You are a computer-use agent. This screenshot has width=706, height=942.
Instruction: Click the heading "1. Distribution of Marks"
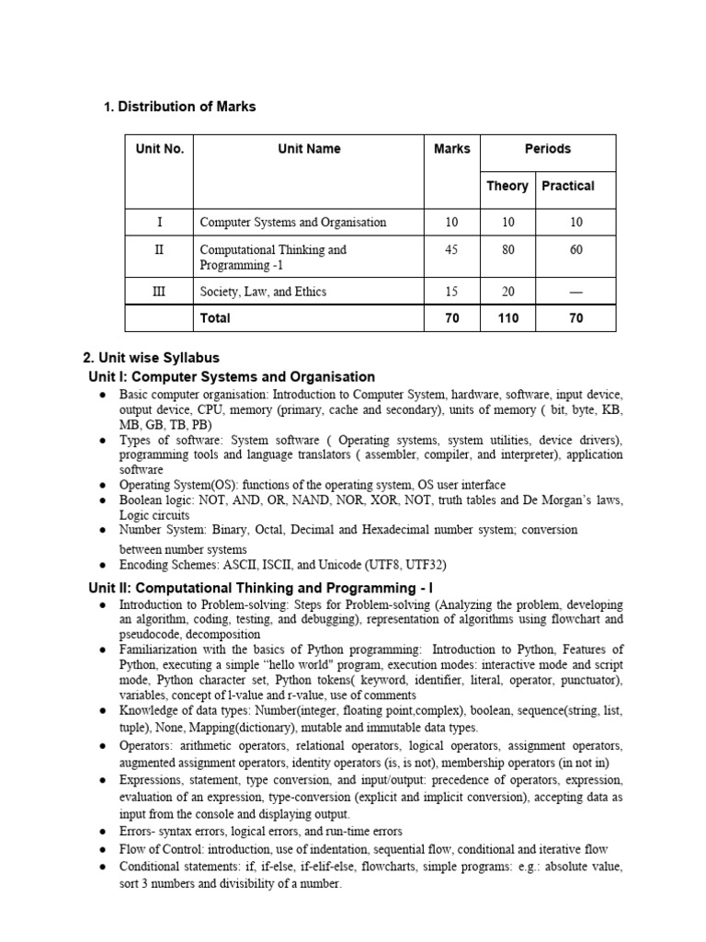[x=180, y=107]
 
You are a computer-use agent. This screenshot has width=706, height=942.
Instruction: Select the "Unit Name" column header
[x=309, y=149]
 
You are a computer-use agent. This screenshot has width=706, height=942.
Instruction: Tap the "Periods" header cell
[x=547, y=149]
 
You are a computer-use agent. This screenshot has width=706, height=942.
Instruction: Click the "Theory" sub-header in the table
[x=507, y=186]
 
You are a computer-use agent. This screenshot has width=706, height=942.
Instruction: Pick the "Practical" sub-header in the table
[x=568, y=186]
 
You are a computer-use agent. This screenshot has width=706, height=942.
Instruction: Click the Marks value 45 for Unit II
[x=450, y=249]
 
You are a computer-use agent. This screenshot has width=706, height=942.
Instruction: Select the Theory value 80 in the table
[x=508, y=249]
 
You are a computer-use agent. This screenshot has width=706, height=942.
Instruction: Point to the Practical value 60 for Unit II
[x=575, y=249]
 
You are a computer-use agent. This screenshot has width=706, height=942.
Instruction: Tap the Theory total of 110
[x=507, y=318]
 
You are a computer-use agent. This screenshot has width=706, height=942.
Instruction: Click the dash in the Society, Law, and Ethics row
[x=575, y=292]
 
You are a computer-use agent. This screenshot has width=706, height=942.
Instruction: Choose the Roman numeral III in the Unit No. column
[x=159, y=292]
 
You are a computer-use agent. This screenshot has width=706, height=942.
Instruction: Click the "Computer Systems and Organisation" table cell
[x=292, y=222]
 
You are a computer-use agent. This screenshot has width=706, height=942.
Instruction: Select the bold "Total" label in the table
[x=215, y=318]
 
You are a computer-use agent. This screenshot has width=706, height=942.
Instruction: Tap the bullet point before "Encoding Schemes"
[x=103, y=565]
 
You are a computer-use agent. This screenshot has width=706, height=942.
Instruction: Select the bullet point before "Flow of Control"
[x=103, y=850]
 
